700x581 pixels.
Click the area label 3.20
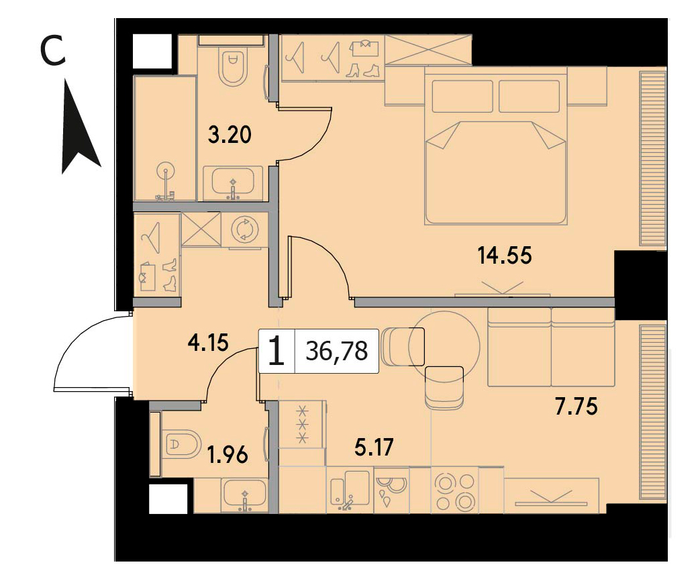pyautogui.click(x=230, y=134)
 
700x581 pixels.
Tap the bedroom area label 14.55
pyautogui.click(x=505, y=256)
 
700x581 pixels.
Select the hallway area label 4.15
pyautogui.click(x=208, y=343)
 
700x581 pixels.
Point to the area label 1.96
pyautogui.click(x=228, y=455)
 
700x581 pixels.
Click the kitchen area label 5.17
pyautogui.click(x=374, y=447)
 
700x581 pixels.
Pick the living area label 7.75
pyautogui.click(x=576, y=407)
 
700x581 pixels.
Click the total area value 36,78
pyautogui.click(x=337, y=351)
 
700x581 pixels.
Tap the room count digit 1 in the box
pyautogui.click(x=277, y=351)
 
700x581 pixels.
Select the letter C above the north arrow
pyautogui.click(x=52, y=51)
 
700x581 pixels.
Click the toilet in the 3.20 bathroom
pyautogui.click(x=234, y=66)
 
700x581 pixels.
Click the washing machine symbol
pyautogui.click(x=245, y=229)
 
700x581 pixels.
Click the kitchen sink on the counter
pyautogui.click(x=350, y=490)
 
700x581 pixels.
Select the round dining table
pyautogui.click(x=444, y=344)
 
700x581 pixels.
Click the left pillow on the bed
pyautogui.click(x=462, y=96)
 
